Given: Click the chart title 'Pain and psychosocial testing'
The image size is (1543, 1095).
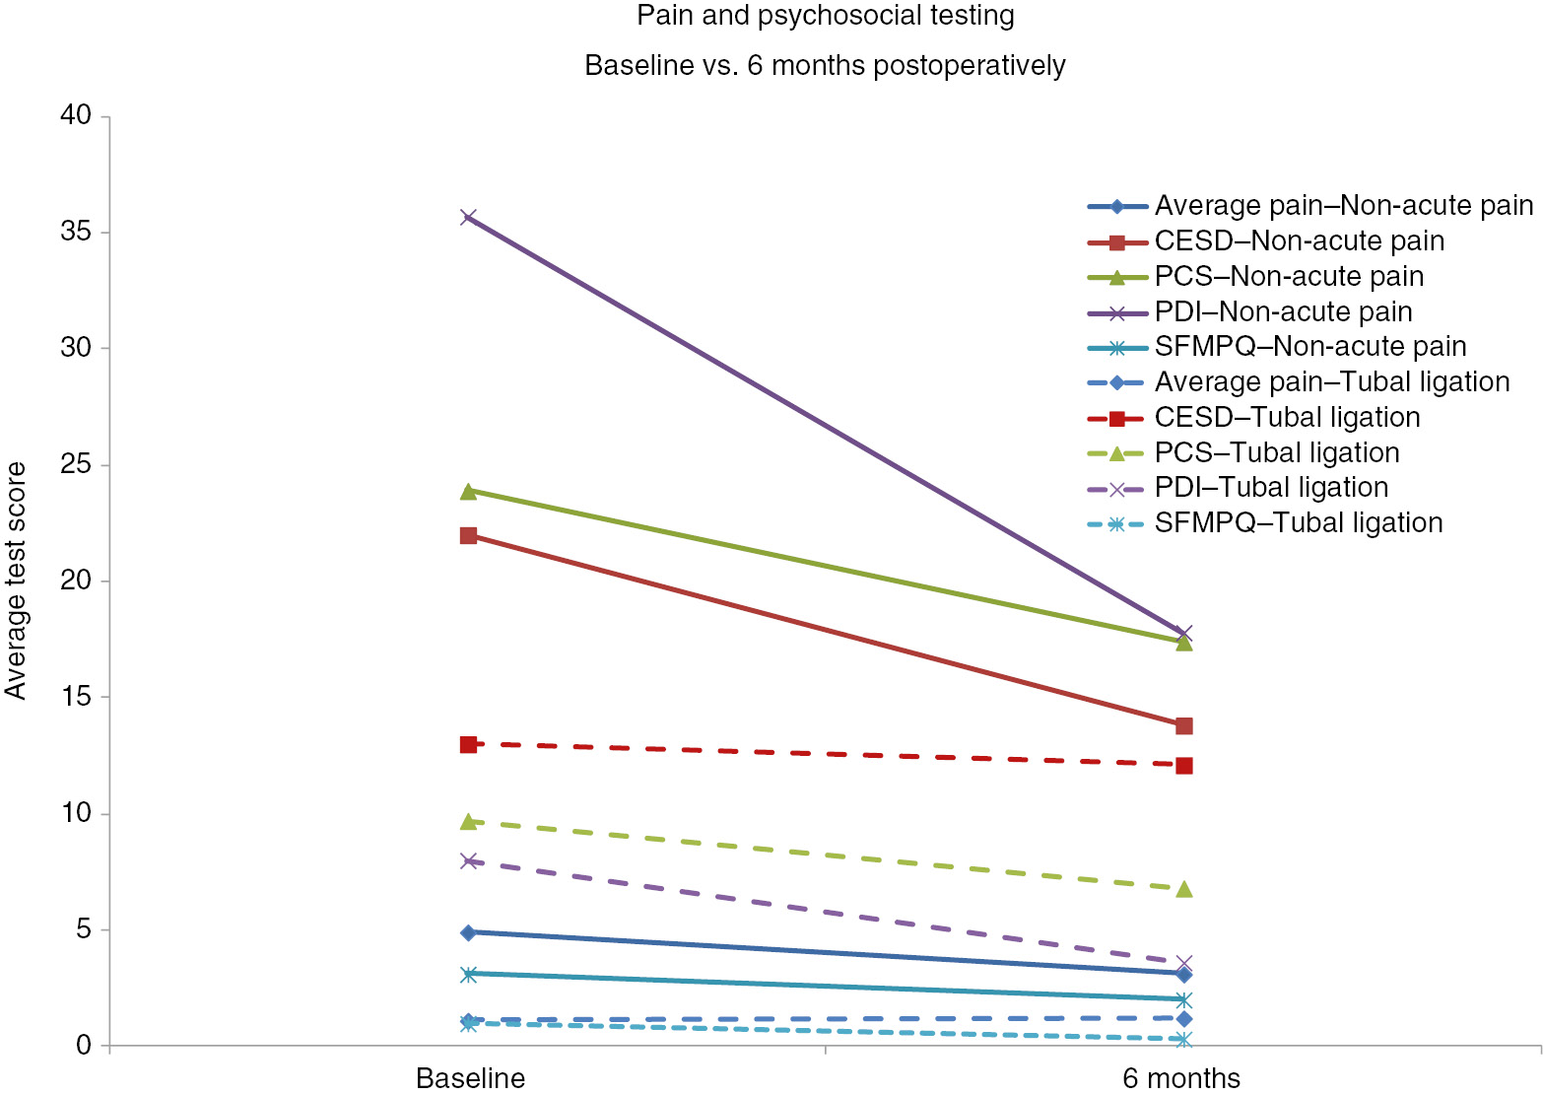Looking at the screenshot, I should tap(825, 16).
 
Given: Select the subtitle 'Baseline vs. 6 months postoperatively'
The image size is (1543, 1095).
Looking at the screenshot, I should tap(825, 66).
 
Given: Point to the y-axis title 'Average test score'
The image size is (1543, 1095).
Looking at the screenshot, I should tap(16, 581).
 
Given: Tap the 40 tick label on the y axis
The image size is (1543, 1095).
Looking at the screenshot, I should tap(75, 115).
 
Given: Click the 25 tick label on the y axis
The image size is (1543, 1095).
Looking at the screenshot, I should tap(75, 464).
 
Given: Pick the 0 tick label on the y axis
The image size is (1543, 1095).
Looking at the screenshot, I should tap(84, 1045).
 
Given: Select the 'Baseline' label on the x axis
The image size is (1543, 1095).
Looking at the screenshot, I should tap(470, 1077).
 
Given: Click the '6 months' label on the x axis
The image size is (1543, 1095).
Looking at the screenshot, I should tap(1181, 1077).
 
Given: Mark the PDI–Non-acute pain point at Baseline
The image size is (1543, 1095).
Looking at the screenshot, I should tap(469, 217).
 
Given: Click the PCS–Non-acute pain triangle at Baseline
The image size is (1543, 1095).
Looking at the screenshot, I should tap(469, 491).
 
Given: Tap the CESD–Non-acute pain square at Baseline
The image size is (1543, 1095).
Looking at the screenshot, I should tap(469, 535).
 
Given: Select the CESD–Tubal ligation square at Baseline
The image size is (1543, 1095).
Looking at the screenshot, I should tap(469, 744).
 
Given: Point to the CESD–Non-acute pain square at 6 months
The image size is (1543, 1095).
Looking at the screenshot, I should tap(1184, 725).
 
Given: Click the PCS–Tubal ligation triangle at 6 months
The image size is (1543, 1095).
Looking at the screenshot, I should tap(1184, 889).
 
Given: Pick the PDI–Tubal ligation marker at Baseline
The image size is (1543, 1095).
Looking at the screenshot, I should tap(469, 860).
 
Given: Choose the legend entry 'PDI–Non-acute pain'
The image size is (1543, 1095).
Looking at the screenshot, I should tap(1283, 312).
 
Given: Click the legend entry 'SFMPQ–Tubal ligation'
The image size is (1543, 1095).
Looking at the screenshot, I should tap(1299, 523).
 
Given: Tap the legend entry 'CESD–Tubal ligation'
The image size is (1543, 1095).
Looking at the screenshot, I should tap(1287, 418).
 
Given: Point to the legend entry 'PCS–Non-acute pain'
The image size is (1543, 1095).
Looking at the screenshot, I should tap(1289, 277).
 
